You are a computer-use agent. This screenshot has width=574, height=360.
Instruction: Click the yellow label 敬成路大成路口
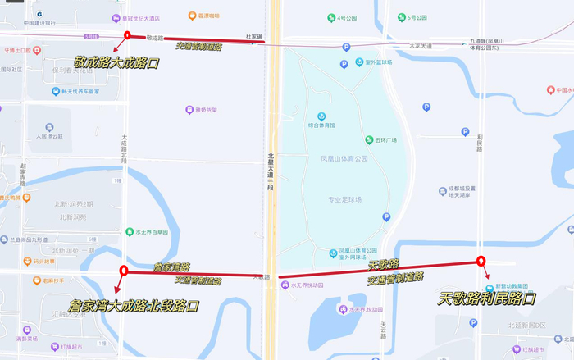[x=116, y=62]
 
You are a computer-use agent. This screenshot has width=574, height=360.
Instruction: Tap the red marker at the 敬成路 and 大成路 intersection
[x=127, y=35]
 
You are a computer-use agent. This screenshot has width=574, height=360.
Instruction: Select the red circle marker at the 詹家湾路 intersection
[x=124, y=271]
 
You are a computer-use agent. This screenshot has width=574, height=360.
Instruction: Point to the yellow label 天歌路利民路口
[x=487, y=298]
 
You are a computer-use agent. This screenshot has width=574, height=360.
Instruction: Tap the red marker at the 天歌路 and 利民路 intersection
[x=481, y=262]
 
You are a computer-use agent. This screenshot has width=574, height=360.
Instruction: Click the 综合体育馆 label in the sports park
[x=324, y=125]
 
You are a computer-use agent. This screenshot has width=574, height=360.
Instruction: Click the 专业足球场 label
[x=344, y=199]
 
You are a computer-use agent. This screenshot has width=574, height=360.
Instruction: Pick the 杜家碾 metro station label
[x=254, y=37]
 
